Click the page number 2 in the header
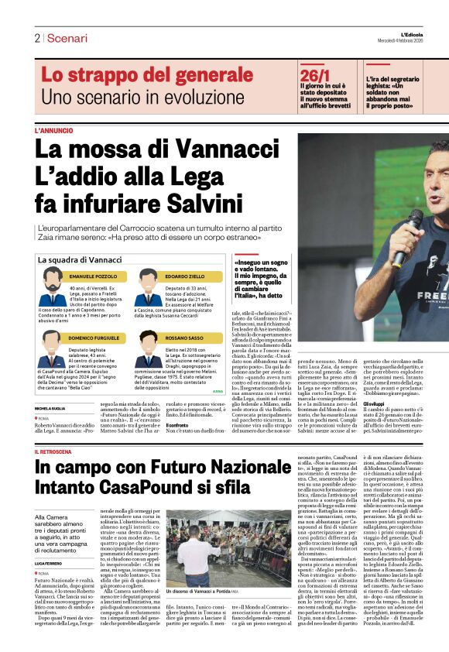tap(36, 38)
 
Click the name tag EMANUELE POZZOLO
tap(93, 276)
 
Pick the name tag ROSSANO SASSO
tap(184, 338)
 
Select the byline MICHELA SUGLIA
tap(50, 408)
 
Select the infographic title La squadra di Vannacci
tap(80, 259)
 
